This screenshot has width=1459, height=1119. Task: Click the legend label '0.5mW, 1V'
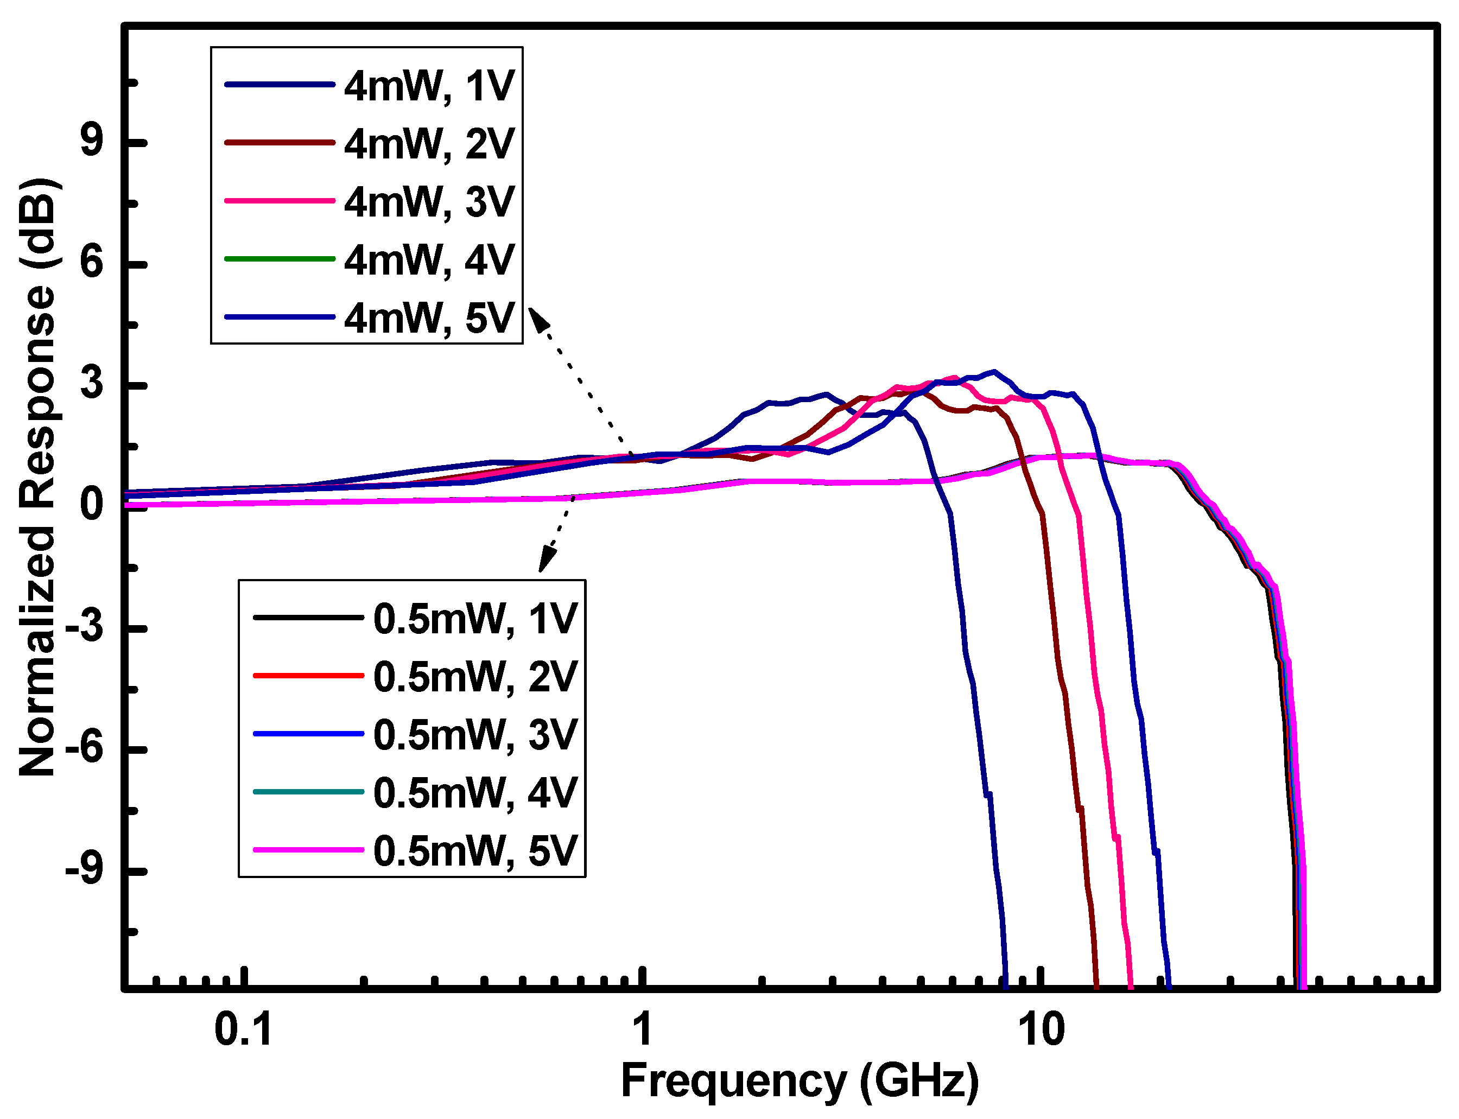tap(475, 619)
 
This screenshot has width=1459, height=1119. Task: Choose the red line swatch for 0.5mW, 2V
tap(308, 676)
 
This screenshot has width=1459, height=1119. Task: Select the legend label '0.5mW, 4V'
tap(475, 793)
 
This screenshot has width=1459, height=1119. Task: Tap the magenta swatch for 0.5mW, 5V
tap(308, 849)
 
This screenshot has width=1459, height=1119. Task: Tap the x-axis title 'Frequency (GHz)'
tap(800, 1080)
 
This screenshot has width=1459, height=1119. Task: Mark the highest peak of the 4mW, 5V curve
tap(994, 371)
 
